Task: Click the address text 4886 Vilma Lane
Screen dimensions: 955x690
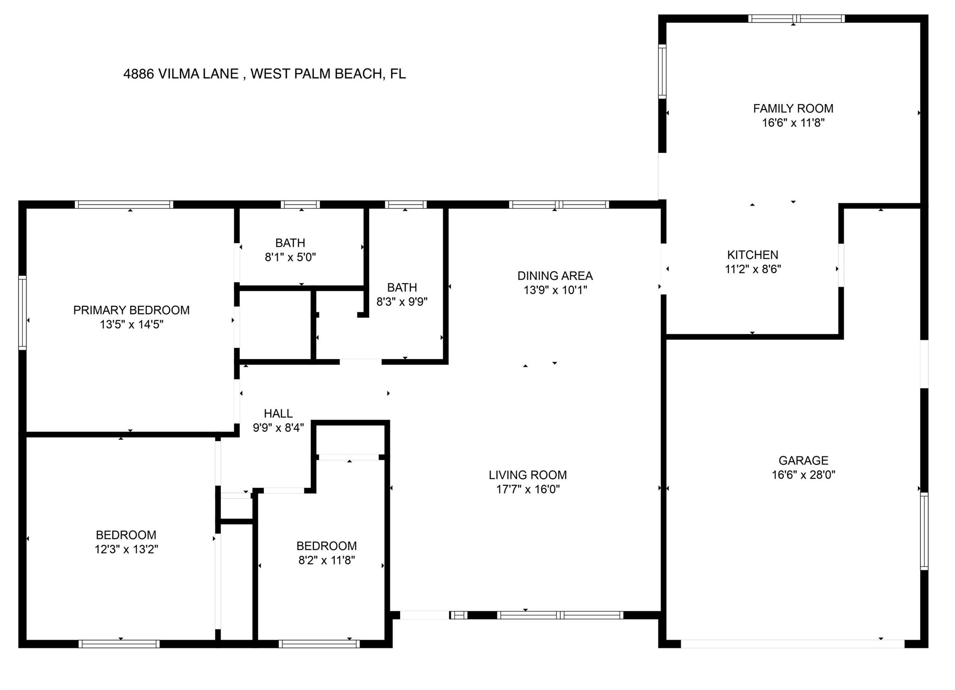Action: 181,74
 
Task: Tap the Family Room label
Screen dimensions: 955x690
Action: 793,109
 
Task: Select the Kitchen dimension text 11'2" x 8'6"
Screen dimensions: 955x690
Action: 753,269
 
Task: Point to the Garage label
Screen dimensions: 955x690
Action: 803,461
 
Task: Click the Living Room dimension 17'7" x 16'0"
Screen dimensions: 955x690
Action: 528,489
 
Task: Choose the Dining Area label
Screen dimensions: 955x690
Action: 555,276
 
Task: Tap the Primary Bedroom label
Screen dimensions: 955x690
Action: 131,310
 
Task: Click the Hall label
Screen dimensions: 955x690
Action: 278,414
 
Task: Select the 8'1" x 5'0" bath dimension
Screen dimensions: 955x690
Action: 291,257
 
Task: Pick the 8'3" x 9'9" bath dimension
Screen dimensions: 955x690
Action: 402,302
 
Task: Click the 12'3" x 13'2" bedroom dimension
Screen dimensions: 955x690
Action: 126,549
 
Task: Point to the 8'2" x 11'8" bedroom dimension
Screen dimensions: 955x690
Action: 327,560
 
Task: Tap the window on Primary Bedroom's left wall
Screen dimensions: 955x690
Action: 22,312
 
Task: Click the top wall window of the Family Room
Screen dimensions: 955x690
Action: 796,19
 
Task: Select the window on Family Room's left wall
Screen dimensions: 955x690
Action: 662,71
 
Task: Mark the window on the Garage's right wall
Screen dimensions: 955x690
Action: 924,531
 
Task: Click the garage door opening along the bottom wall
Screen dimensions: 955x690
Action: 793,644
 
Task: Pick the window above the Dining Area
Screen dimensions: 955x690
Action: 559,204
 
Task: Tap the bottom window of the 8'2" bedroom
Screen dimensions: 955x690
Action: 319,644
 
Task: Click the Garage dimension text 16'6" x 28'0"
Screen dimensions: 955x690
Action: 803,475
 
